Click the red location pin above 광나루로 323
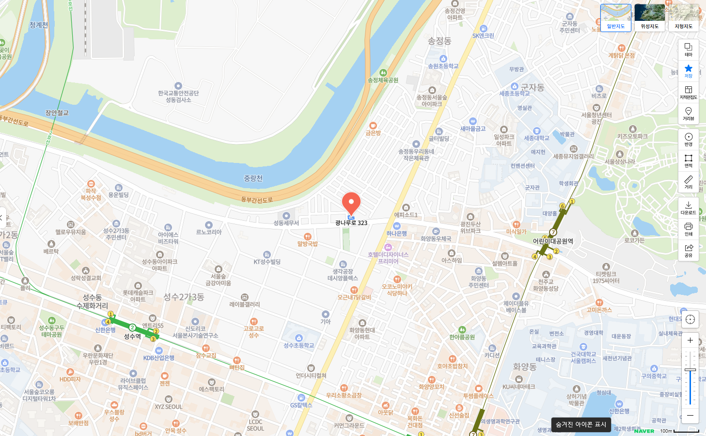tap(351, 203)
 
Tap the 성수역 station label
tap(132, 337)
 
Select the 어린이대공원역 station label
tap(553, 241)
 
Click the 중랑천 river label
tap(253, 178)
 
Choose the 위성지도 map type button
tap(649, 18)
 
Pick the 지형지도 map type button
tap(683, 18)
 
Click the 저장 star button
tap(688, 71)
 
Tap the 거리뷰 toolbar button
tap(688, 113)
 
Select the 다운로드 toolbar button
tap(688, 208)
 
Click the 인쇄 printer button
tap(688, 229)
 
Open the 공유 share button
tap(688, 250)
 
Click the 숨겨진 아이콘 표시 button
tap(580, 424)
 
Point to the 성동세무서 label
tap(286, 223)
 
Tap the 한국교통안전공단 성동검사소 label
tap(178, 96)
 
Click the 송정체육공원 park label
tap(383, 80)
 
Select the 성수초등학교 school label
tap(298, 345)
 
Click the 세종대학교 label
tap(536, 138)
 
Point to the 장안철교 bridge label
tap(57, 113)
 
